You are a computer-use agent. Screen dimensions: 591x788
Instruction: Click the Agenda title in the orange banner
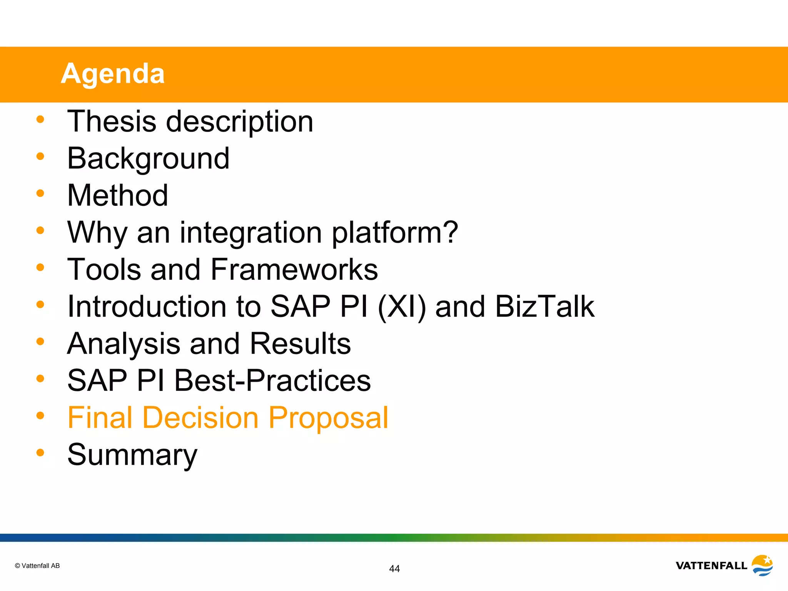pos(113,73)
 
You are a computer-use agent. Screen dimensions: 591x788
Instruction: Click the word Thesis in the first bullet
pos(112,122)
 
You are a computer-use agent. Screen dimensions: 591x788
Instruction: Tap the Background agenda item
pos(148,159)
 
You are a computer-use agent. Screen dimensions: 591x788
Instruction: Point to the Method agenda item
pos(117,195)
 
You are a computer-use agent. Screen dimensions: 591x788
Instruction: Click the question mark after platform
pos(449,232)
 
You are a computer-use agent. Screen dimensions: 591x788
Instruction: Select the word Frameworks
pos(294,269)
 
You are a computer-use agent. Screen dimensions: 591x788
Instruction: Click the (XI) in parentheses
pos(402,307)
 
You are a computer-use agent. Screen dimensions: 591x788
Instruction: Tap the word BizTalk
pos(544,307)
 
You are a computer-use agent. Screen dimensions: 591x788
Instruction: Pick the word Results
pos(300,343)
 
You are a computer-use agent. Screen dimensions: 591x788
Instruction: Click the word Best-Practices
pos(272,381)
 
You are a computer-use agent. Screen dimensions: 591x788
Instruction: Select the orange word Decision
pos(201,418)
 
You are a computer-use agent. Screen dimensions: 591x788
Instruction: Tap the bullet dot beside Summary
pos(40,452)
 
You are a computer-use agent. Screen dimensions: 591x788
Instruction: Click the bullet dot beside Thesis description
pos(40,119)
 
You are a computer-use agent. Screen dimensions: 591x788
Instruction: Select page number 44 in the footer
pos(394,569)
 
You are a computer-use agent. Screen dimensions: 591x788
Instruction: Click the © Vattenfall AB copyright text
pos(37,566)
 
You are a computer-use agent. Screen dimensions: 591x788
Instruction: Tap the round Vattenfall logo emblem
pos(762,565)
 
